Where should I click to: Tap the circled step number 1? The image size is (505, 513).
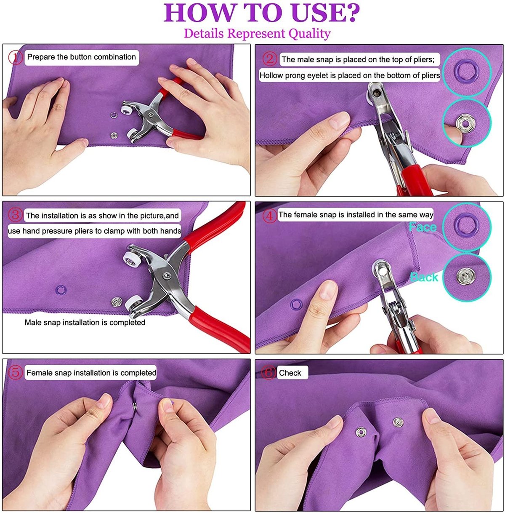coord(16,57)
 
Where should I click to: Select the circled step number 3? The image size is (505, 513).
coord(16,215)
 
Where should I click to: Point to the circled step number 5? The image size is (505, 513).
coord(16,373)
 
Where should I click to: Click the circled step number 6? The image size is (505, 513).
coord(268,373)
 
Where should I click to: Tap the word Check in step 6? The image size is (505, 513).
coord(290,373)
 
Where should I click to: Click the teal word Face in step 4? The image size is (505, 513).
coord(423,227)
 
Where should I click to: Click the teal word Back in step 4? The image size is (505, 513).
coord(424,277)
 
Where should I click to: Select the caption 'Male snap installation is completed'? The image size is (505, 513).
coord(85,323)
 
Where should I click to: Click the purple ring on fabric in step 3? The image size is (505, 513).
coord(61,289)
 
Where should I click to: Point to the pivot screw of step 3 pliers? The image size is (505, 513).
coord(167,275)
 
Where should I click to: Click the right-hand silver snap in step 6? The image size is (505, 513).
coord(398,422)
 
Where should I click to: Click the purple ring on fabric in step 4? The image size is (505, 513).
coord(296,304)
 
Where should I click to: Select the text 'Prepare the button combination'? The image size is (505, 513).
coord(81,57)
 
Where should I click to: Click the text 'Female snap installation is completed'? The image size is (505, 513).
coord(91,373)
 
